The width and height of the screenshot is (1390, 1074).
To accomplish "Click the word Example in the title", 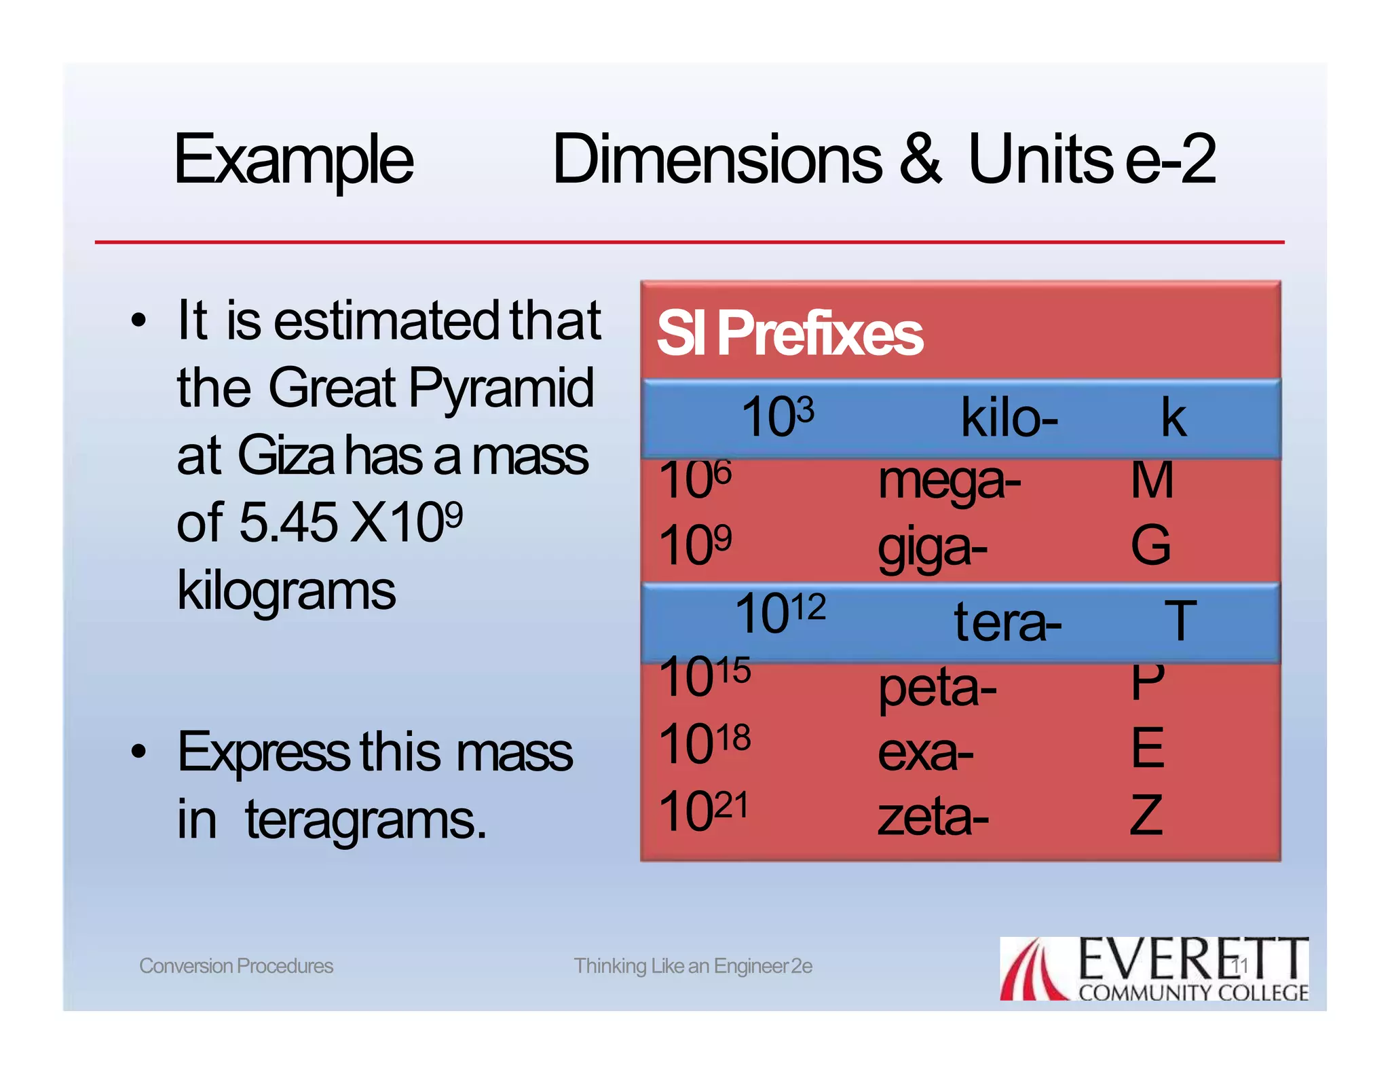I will [x=293, y=160].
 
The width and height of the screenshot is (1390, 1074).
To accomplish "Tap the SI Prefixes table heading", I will [x=789, y=333].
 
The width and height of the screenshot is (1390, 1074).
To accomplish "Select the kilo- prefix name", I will [x=1009, y=418].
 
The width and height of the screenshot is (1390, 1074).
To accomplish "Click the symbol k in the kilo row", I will [x=1173, y=418].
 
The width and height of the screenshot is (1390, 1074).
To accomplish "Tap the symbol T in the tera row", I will [x=1180, y=621].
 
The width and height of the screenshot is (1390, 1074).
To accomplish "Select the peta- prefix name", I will [x=937, y=688].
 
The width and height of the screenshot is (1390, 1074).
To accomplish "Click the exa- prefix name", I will [x=925, y=753].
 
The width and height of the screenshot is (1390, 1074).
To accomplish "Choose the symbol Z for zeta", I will [x=1146, y=815].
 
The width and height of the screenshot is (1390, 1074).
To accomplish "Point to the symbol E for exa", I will [x=1148, y=747].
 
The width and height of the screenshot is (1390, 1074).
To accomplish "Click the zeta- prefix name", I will [x=933, y=817].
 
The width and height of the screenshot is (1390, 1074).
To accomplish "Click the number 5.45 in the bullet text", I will [x=288, y=522].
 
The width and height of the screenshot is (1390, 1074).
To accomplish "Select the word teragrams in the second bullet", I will [x=365, y=821].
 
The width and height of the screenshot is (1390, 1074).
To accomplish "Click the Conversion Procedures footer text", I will [x=236, y=965].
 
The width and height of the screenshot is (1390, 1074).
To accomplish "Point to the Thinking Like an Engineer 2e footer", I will [x=693, y=965].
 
